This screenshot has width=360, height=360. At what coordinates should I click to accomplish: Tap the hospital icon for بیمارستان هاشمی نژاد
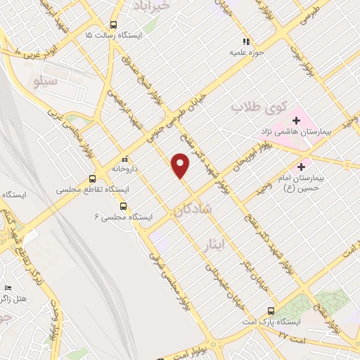pos(296,120)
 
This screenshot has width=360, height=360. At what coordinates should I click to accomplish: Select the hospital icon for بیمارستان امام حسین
pos(302,167)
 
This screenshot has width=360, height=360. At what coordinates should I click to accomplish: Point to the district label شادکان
pos(191,210)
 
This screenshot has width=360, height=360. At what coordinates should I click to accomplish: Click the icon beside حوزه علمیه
pos(246,41)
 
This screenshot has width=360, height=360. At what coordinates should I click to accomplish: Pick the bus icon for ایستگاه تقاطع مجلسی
pos(94,179)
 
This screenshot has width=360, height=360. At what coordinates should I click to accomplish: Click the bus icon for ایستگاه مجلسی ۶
pos(124,207)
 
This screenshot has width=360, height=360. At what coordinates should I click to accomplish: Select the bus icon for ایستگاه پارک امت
pos(271,310)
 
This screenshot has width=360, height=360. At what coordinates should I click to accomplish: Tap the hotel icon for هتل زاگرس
pos(8,288)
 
